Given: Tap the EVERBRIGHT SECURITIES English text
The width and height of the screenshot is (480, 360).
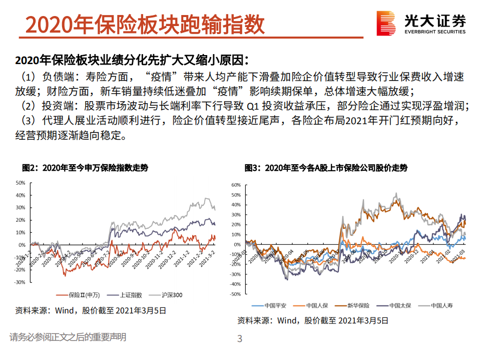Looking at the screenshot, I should (x=435, y=32).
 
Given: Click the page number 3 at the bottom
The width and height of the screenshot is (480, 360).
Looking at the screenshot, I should (x=240, y=339).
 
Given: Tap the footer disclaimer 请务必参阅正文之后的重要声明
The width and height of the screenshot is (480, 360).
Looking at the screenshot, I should (x=68, y=337).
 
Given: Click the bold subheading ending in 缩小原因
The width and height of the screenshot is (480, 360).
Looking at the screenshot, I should (x=132, y=61).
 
